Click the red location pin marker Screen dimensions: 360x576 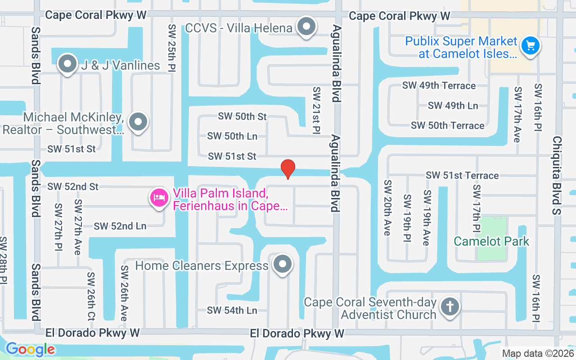click(288, 169)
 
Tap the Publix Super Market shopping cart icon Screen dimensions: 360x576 click(531, 45)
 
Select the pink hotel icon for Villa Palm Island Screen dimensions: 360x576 click(159, 198)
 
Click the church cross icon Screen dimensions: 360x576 click(450, 307)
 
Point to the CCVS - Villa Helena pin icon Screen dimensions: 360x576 click(306, 27)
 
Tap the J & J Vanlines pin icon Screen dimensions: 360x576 click(67, 64)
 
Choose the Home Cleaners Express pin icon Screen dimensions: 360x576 click(283, 265)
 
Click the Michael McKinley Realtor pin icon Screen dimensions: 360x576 click(138, 122)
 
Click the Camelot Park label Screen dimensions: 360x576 click(491, 241)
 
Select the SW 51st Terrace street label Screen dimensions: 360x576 click(462, 175)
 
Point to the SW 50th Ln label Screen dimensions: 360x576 click(232, 136)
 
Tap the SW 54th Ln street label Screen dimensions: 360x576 click(232, 310)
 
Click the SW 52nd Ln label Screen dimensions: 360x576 click(120, 226)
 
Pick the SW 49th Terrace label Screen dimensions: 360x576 click(439, 85)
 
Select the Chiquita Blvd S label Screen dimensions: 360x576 click(557, 175)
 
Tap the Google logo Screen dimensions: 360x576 click(30, 349)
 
